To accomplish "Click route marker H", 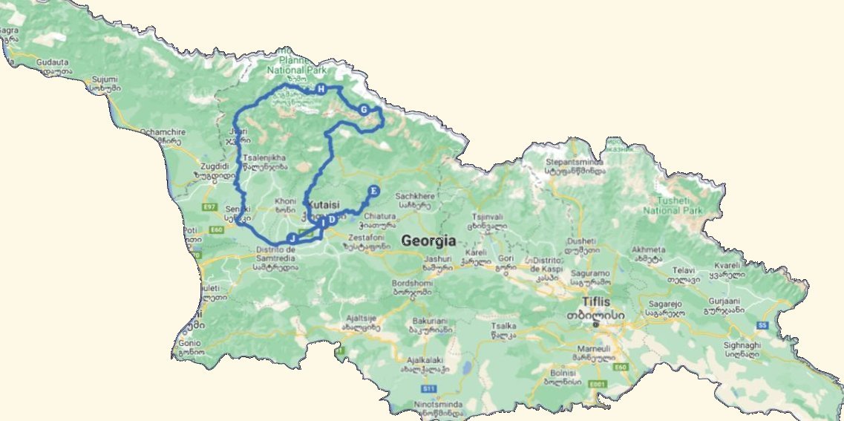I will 321,90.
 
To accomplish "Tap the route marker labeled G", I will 364,110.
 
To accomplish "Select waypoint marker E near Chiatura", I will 373,192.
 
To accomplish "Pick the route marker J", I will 292,238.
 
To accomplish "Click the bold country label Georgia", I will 428,241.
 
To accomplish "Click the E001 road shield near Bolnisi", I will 595,383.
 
